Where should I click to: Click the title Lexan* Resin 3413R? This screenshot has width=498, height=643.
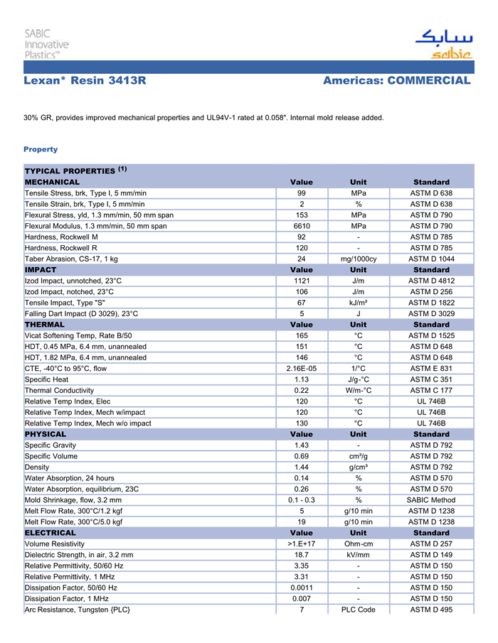(85, 81)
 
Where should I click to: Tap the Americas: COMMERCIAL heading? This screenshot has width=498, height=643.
(396, 81)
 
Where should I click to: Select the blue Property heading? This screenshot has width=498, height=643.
(41, 149)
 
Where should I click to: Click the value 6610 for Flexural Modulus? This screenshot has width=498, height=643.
(302, 226)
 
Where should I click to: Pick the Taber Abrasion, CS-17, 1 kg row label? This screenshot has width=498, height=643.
(71, 259)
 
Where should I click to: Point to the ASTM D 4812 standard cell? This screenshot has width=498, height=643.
(431, 281)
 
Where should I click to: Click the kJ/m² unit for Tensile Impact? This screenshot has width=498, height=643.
(359, 303)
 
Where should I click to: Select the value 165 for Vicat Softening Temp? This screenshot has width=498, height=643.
(302, 335)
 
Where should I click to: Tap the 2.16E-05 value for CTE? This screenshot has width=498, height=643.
(302, 368)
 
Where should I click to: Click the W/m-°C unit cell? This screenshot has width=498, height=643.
(359, 390)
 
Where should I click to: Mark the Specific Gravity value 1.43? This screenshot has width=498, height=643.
(302, 445)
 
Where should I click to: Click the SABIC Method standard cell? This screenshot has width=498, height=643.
(431, 499)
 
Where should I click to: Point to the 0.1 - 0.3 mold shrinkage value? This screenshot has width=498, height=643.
(302, 499)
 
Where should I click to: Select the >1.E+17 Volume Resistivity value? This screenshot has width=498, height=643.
(302, 544)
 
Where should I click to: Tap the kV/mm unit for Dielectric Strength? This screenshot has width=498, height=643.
(359, 554)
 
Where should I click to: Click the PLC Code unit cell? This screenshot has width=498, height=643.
(359, 609)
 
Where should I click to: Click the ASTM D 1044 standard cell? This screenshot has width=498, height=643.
(431, 259)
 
